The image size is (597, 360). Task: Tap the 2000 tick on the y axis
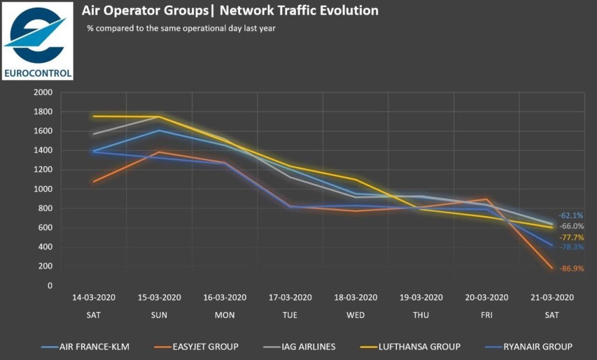click(44, 93)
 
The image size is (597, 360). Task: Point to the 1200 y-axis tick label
click(44, 170)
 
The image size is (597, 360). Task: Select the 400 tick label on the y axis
click(46, 247)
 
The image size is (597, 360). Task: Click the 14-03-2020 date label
click(94, 297)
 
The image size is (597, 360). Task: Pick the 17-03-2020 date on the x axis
click(290, 297)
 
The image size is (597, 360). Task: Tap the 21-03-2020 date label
click(552, 297)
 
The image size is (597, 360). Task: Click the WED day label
click(355, 315)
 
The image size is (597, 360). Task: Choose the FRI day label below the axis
click(486, 315)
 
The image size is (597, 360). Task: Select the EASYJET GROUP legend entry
click(203, 347)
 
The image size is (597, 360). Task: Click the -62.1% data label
click(571, 216)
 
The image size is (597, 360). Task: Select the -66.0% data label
click(571, 226)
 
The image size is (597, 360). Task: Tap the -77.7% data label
click(571, 238)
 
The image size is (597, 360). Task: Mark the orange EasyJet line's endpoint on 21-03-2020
click(552, 269)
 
